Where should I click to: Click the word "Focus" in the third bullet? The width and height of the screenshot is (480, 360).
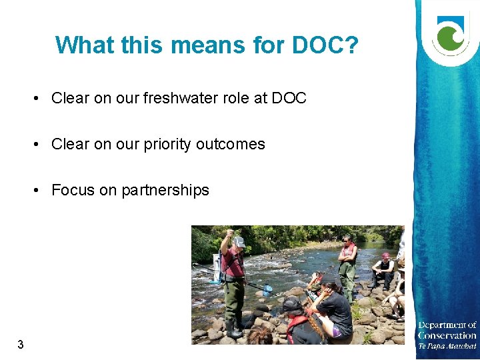73,191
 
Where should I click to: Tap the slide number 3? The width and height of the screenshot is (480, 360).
21,345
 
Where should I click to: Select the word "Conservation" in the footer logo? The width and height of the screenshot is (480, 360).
447,335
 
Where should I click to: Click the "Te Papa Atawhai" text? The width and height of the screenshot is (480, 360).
447,346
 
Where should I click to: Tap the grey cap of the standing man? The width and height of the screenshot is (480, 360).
238,241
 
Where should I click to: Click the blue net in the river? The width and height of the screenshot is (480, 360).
267,290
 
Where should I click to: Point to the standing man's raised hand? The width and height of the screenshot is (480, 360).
229,233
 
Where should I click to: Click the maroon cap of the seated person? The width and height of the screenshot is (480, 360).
385,256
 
